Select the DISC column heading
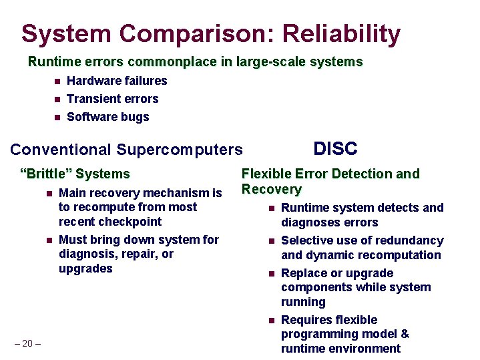[335, 148]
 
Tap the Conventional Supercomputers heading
[127, 150]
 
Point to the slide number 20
[27, 343]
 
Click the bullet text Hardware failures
[117, 81]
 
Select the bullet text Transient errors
[113, 99]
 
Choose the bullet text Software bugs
[108, 117]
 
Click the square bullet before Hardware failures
[57, 81]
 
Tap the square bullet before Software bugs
[57, 118]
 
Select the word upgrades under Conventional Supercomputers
[85, 268]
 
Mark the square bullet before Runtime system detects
[271, 208]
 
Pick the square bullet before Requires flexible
[271, 321]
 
